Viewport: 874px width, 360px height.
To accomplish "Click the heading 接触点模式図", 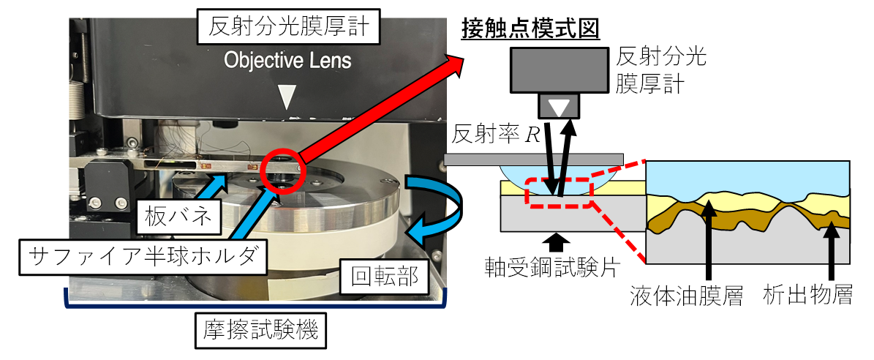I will point(531,29).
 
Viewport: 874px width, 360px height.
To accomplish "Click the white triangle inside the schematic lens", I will point(560,108).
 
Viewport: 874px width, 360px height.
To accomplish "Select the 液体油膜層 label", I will point(683,297).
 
